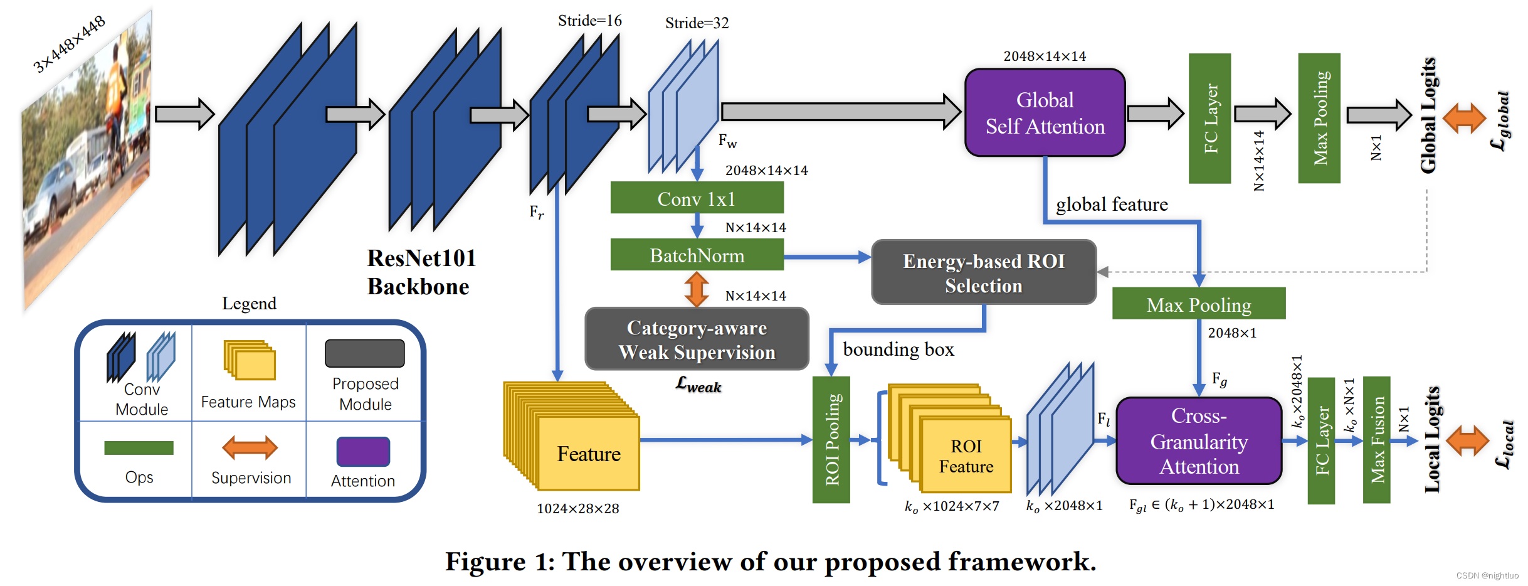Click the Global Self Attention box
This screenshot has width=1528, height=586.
pos(1045,113)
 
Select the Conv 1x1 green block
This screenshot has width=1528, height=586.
pos(697,198)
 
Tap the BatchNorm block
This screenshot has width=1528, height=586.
pos(697,255)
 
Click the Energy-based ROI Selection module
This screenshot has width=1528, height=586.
pos(983,272)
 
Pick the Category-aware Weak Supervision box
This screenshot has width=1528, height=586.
pos(697,339)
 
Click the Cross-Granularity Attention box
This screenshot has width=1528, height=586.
pos(1198,440)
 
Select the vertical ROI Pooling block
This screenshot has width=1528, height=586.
pos(831,439)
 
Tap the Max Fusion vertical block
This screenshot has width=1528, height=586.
pos(1376,439)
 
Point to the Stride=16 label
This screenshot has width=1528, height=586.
pos(589,21)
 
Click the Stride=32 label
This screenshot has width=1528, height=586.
pos(697,23)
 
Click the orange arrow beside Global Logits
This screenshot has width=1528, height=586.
pos(1464,118)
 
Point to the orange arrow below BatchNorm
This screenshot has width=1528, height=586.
pos(697,289)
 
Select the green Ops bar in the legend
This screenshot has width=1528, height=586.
pos(139,447)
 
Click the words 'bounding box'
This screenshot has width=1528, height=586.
pos(898,349)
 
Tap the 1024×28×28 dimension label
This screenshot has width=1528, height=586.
pos(577,508)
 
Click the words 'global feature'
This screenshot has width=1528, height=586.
pos(1111,205)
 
